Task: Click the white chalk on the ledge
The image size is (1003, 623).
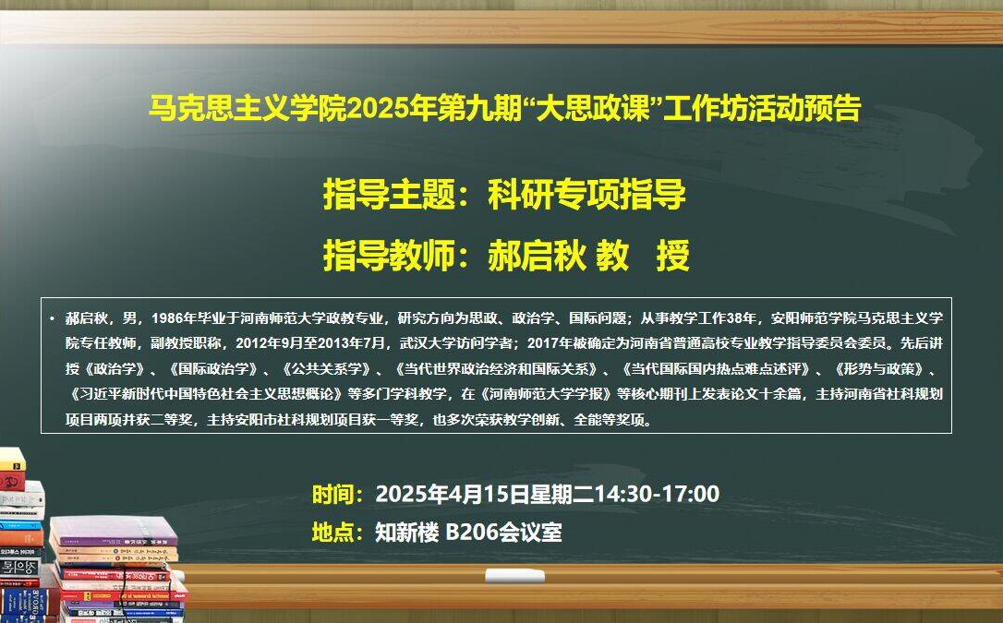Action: (x=514, y=576)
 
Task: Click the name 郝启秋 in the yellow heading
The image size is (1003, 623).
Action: (x=538, y=256)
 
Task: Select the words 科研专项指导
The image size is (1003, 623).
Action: (x=586, y=194)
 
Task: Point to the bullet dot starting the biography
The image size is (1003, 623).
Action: (x=51, y=318)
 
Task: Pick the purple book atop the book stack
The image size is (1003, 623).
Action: (x=113, y=531)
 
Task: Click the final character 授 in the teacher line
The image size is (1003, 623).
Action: (x=672, y=256)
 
